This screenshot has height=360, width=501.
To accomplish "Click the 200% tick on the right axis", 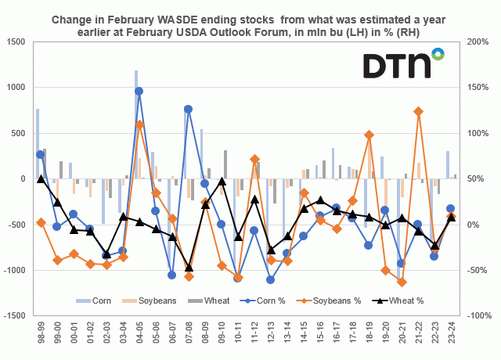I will click(x=476, y=41).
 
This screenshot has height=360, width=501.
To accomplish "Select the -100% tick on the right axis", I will click(x=475, y=315).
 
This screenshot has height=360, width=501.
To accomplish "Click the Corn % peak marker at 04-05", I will click(x=139, y=91).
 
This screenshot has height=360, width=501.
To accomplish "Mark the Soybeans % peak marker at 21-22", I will click(x=418, y=111).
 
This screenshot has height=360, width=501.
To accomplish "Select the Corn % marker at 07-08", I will click(x=188, y=109).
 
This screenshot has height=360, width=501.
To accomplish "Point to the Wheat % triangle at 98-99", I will click(x=41, y=178).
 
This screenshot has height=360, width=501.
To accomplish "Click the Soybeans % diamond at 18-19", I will click(x=369, y=135).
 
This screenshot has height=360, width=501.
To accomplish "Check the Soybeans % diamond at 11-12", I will click(x=254, y=159).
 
